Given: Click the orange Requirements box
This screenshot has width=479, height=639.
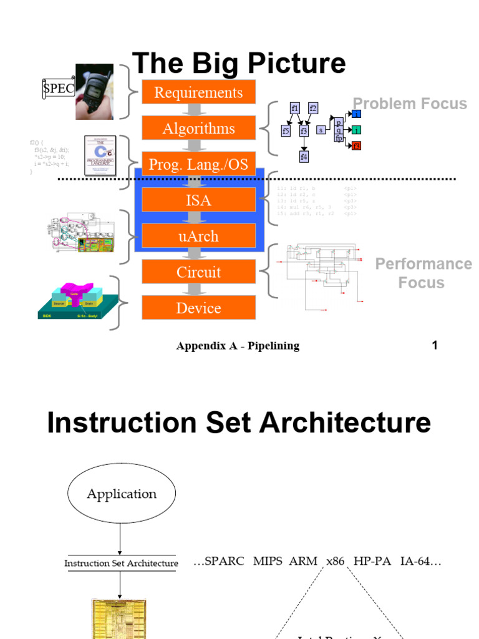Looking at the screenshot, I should [x=198, y=92].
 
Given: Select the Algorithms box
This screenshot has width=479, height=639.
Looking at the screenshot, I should [x=198, y=128].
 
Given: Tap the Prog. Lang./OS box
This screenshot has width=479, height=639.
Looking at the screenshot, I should [x=198, y=164].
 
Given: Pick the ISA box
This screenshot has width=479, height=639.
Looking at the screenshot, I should [x=198, y=200].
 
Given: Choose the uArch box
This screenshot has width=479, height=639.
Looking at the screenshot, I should [x=198, y=236].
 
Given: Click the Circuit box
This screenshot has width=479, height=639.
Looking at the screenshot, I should [x=198, y=271].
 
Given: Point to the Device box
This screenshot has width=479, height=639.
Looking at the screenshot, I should [x=198, y=308].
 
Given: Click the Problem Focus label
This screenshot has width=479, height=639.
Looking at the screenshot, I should [x=410, y=104].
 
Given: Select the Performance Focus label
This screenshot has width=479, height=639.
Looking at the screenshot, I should [x=423, y=273].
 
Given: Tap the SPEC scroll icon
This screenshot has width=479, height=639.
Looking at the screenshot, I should [x=58, y=89].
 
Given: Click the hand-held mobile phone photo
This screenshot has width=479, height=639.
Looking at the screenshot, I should [x=94, y=91].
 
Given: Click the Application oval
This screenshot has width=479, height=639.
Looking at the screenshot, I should [x=122, y=494].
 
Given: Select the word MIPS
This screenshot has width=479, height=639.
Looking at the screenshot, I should [x=268, y=561].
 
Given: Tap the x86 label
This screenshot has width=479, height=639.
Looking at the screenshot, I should [x=335, y=561].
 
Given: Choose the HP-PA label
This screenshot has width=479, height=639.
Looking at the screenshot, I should [x=372, y=561].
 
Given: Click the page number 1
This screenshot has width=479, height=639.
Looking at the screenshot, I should [x=435, y=345].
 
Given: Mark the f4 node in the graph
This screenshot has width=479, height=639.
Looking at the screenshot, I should [x=304, y=156].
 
